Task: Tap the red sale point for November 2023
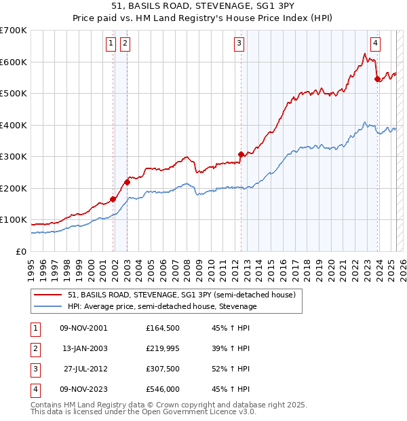pyautogui.click(x=377, y=79)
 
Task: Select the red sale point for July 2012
pyautogui.click(x=241, y=154)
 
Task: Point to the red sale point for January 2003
pyautogui.click(x=127, y=182)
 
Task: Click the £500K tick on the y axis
pyautogui.click(x=15, y=93)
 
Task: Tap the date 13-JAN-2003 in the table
pyautogui.click(x=84, y=348)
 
